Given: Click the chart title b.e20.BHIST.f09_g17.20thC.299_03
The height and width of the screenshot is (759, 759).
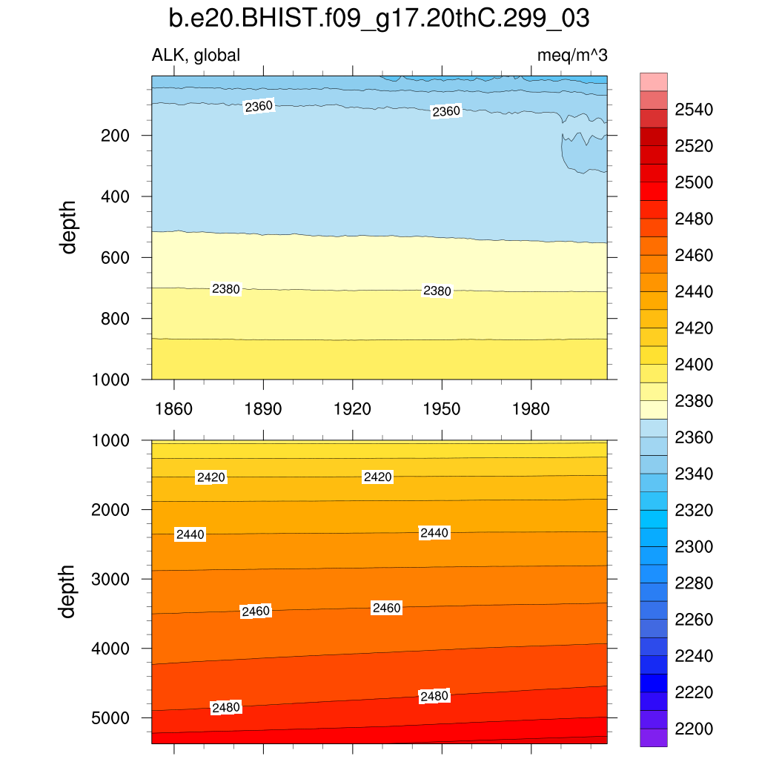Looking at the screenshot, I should point(379,19).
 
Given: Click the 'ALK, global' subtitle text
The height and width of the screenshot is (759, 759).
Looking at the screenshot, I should point(196,55).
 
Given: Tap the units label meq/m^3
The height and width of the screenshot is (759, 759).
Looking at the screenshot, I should point(572,55).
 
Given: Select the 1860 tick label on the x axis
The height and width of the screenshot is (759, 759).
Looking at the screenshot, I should point(173,409).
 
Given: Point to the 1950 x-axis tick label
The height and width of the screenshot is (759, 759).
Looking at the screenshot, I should point(442,409).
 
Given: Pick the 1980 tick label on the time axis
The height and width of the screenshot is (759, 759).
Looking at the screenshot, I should point(531,409).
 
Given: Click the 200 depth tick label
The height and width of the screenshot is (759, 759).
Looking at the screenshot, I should point(116,136).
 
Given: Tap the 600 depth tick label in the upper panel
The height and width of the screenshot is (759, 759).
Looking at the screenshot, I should point(116,257).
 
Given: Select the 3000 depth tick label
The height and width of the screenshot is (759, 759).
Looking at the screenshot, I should point(111,579).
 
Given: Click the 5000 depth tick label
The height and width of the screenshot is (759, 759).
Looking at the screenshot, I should point(111,718).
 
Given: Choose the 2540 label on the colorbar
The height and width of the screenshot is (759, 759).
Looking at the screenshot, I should point(693,110).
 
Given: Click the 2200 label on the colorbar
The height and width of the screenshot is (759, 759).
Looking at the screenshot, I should point(693,729).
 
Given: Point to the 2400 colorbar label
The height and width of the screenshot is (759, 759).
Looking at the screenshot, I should point(693,365).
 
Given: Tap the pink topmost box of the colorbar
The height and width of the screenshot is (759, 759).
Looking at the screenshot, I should point(653,82).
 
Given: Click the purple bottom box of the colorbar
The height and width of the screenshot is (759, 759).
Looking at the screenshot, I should point(653,738).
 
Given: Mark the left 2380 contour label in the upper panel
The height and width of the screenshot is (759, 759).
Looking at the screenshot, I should point(226,289).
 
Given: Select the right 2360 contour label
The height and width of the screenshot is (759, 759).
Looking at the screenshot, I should point(446,111).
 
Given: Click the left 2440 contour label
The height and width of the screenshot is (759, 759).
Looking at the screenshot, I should point(189,534).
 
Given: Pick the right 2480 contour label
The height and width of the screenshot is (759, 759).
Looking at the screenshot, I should point(434,696).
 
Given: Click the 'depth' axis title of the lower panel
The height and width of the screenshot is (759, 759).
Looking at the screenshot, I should point(69,591).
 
